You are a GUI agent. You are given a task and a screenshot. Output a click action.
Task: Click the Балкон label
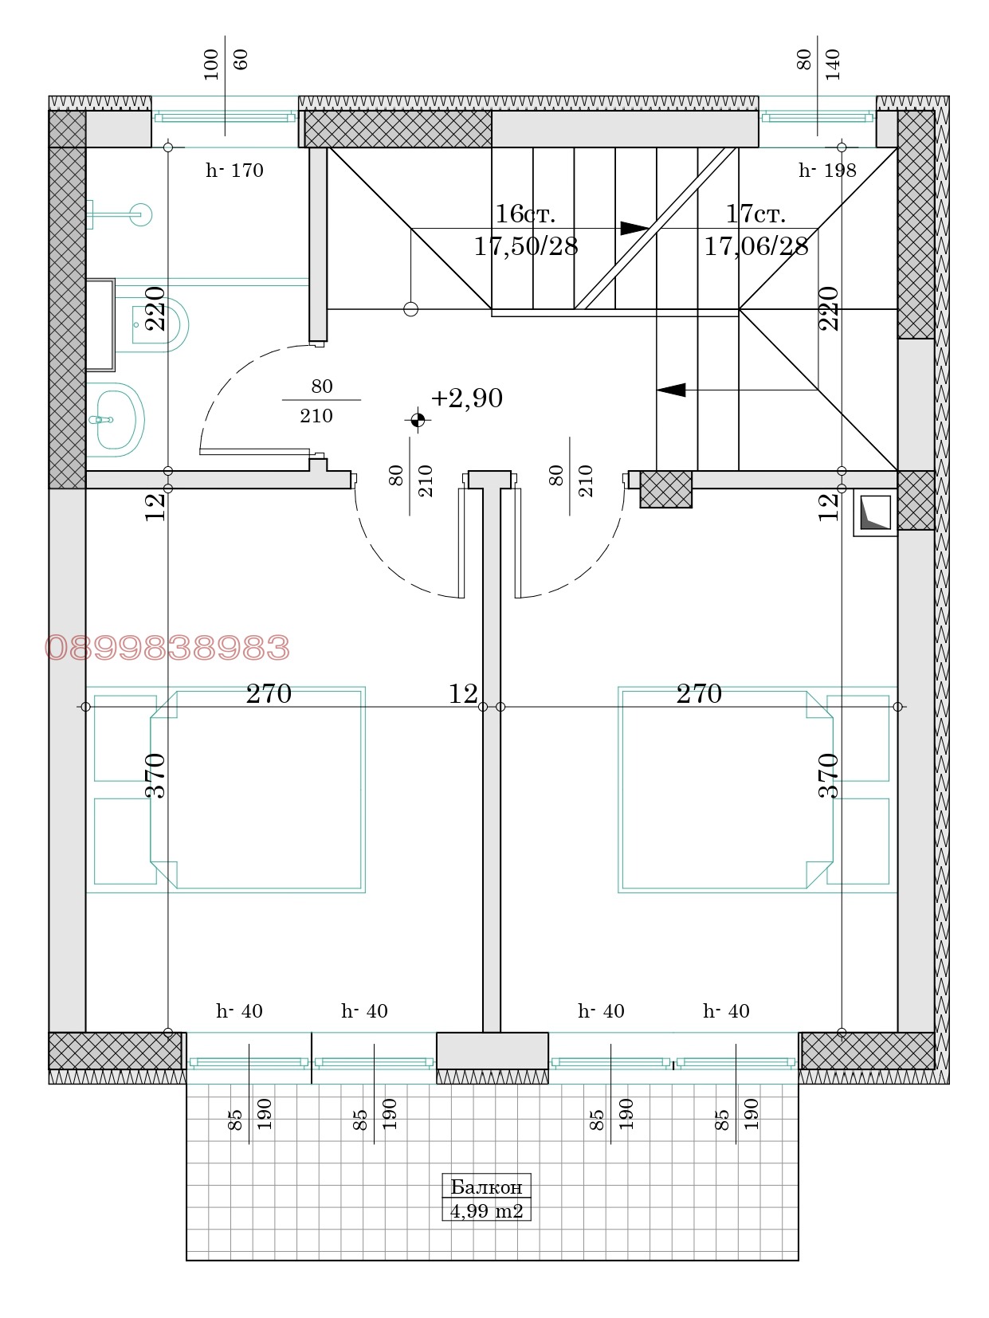coord(486,1187)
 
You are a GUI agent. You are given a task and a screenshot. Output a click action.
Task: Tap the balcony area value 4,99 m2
coord(486,1210)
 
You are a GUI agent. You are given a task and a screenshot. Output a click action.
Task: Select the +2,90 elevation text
coord(466,398)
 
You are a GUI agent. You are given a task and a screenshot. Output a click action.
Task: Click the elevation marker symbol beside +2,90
coord(418,420)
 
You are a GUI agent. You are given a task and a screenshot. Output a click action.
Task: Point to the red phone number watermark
coord(167,648)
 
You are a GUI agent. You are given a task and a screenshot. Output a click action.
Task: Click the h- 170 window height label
coord(234,171)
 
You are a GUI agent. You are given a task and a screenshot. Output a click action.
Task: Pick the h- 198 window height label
coord(827,171)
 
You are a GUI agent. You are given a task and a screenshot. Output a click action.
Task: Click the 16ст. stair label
coord(525,214)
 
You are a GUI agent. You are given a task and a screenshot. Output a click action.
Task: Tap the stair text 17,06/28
coord(756,246)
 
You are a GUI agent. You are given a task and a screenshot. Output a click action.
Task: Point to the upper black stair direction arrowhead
coord(634,228)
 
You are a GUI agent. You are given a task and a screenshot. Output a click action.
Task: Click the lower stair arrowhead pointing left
coord(671,390)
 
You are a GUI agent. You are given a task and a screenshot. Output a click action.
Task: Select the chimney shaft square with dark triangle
coord(876,512)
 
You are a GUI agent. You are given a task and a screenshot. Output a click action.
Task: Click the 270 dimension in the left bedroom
coord(269,693)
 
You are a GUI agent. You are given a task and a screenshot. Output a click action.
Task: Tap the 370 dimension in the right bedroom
coord(828,775)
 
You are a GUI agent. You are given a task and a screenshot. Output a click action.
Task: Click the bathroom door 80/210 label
coord(321,401)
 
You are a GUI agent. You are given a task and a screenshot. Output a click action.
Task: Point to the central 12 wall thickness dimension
coord(463,693)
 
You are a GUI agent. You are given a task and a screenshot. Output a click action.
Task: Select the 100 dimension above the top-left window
coord(210,65)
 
